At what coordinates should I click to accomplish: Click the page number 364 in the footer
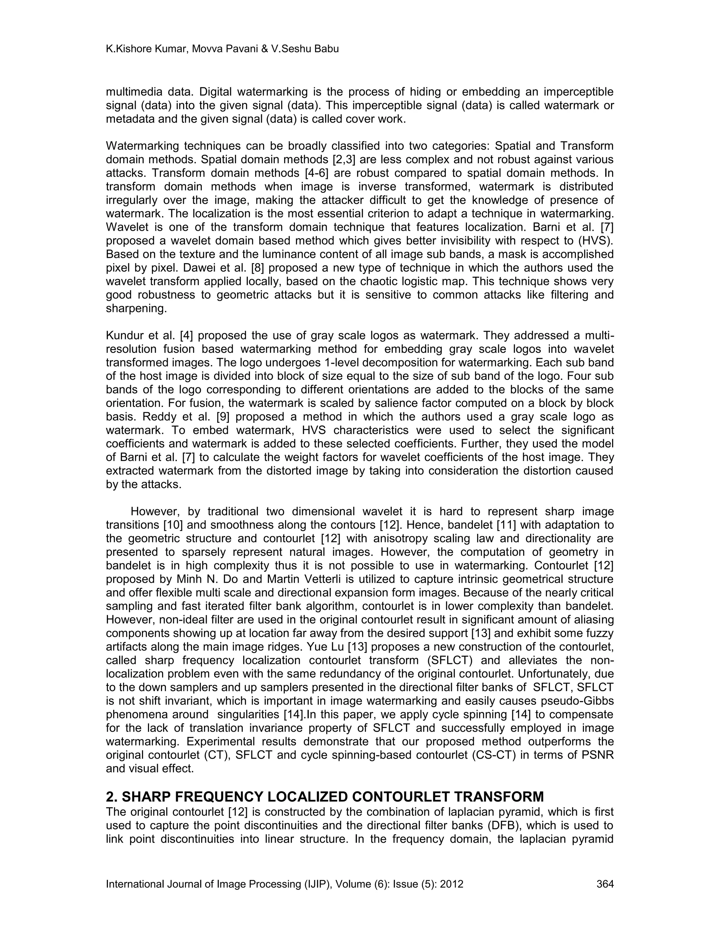coord(605,884)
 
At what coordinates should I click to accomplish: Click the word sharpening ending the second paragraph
coord(136,308)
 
